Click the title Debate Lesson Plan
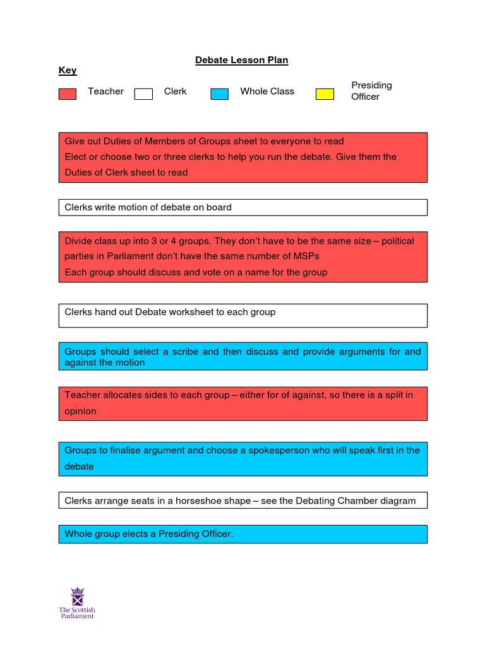(241, 60)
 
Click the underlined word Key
(68, 71)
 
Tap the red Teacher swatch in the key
(68, 94)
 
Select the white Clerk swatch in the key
(143, 94)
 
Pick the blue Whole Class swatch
(219, 94)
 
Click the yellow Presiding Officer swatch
(325, 94)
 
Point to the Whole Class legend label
(267, 92)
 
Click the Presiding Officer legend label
(371, 91)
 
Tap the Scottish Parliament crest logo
(77, 596)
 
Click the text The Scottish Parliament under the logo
(77, 613)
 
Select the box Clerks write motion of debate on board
(242, 207)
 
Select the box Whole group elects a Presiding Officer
(242, 535)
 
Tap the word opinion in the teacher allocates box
(81, 411)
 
